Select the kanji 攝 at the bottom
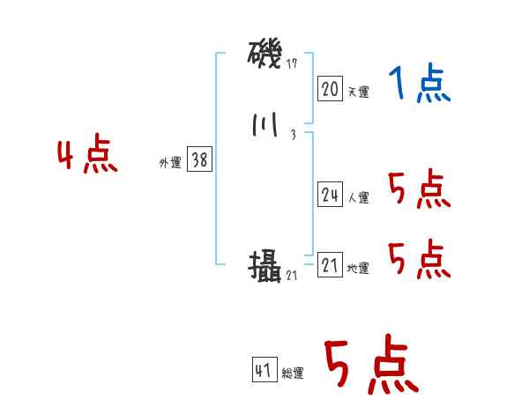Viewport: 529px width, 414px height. click(265, 265)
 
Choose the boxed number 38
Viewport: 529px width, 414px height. click(200, 160)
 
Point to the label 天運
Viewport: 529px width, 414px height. click(358, 92)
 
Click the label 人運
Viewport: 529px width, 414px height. click(358, 198)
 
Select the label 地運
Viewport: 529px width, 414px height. click(358, 269)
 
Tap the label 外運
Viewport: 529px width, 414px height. click(170, 163)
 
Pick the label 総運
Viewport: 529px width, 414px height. click(293, 373)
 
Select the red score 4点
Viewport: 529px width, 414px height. click(87, 157)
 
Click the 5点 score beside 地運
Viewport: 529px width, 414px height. click(419, 259)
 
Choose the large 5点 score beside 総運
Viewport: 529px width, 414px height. click(371, 367)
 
